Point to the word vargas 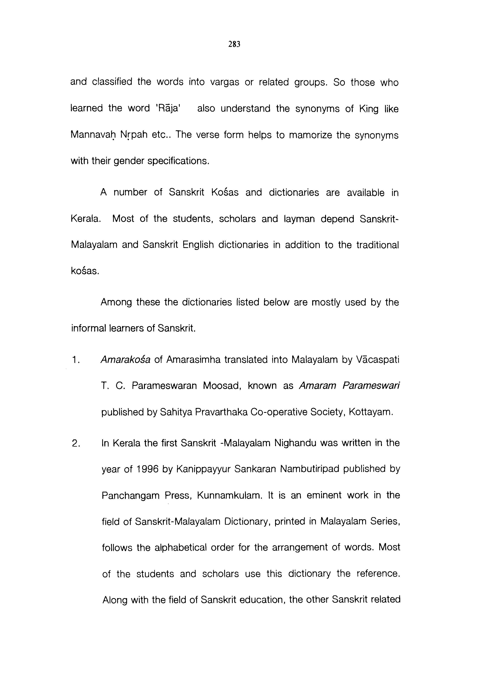pyautogui.click(x=224, y=82)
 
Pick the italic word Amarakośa pyautogui.click(x=125, y=359)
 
